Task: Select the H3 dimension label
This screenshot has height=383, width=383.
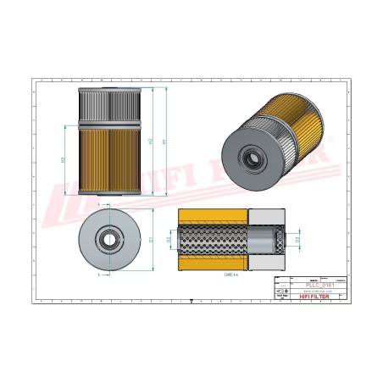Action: pos(64,158)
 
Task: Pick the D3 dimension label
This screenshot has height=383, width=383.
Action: pos(297,240)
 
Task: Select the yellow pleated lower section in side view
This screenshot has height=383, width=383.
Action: pos(108,161)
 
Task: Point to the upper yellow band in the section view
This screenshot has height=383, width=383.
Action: pos(211,216)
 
